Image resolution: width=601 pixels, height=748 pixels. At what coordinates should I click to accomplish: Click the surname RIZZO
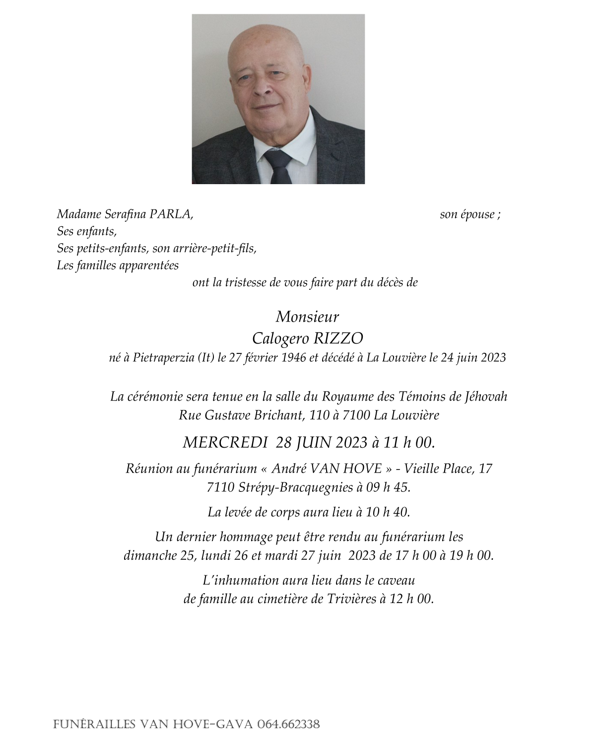click(337, 339)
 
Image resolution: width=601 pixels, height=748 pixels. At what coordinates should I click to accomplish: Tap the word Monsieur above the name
click(307, 317)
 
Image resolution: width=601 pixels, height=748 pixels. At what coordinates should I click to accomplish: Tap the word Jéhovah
click(486, 397)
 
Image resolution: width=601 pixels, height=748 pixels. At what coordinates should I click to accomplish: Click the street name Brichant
click(278, 415)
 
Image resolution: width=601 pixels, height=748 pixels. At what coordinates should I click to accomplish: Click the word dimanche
click(149, 555)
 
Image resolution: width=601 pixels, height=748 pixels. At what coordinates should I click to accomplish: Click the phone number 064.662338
click(288, 724)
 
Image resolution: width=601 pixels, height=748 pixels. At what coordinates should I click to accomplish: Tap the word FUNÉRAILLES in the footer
click(94, 724)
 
